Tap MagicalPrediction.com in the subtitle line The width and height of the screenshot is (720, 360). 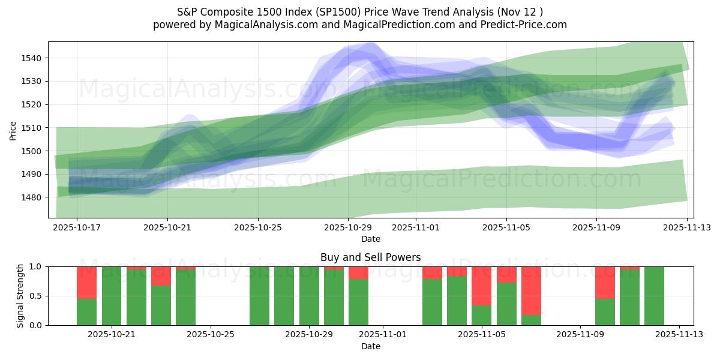382,25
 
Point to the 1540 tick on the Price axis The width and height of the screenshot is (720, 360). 34,58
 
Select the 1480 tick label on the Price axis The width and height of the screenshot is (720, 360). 34,197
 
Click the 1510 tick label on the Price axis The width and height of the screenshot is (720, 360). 34,128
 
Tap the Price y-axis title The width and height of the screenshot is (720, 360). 13,130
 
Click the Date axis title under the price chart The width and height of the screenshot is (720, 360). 370,239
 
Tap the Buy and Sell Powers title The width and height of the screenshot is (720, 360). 370,257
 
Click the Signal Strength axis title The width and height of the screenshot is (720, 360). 20,295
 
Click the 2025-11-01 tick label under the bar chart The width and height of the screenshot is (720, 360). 383,335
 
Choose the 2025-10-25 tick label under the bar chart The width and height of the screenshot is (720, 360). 211,335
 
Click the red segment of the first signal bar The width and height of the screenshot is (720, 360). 87,282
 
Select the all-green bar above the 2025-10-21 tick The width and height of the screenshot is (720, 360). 112,296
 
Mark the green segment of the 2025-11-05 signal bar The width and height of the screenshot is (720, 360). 482,315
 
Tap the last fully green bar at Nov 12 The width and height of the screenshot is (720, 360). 654,296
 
